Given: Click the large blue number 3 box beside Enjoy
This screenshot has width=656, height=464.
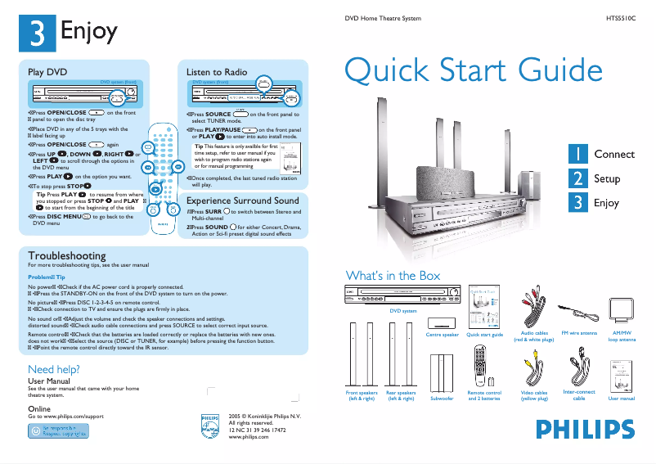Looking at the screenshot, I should point(38,33).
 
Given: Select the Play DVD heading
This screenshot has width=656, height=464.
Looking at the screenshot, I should point(47,72).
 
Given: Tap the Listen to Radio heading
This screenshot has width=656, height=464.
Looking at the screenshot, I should point(217,72).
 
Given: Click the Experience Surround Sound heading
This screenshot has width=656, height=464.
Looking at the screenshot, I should point(243,200).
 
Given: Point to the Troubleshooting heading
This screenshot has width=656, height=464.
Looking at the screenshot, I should point(67,255).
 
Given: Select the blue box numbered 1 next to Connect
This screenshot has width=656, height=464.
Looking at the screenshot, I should point(577,154).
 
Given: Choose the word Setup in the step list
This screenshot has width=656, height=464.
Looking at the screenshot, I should point(607,178).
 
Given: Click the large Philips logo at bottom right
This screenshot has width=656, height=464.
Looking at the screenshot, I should point(585,430).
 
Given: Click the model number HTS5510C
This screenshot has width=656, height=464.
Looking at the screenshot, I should point(620,17).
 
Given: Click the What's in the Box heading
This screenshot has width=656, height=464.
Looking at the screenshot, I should point(393,275).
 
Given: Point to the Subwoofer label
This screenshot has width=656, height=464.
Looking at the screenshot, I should point(442,399).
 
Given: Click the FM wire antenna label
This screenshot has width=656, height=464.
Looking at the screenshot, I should point(579,333).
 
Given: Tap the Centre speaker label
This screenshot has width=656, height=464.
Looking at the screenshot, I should point(443,335).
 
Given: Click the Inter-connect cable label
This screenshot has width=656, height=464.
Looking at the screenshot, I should point(579,395).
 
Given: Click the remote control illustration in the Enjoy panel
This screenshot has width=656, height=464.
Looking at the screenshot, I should point(162,176).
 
